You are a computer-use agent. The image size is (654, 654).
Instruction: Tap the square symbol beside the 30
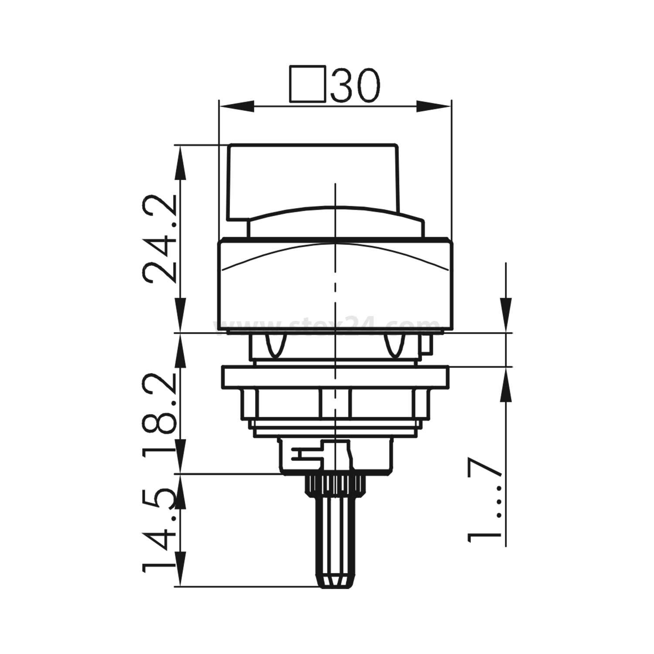tap(307, 84)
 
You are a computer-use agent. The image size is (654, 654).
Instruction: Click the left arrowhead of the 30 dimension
tap(235, 106)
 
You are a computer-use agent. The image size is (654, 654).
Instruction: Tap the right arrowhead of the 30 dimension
tap(434, 106)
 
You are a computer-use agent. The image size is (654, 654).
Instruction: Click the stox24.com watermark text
tap(327, 325)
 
